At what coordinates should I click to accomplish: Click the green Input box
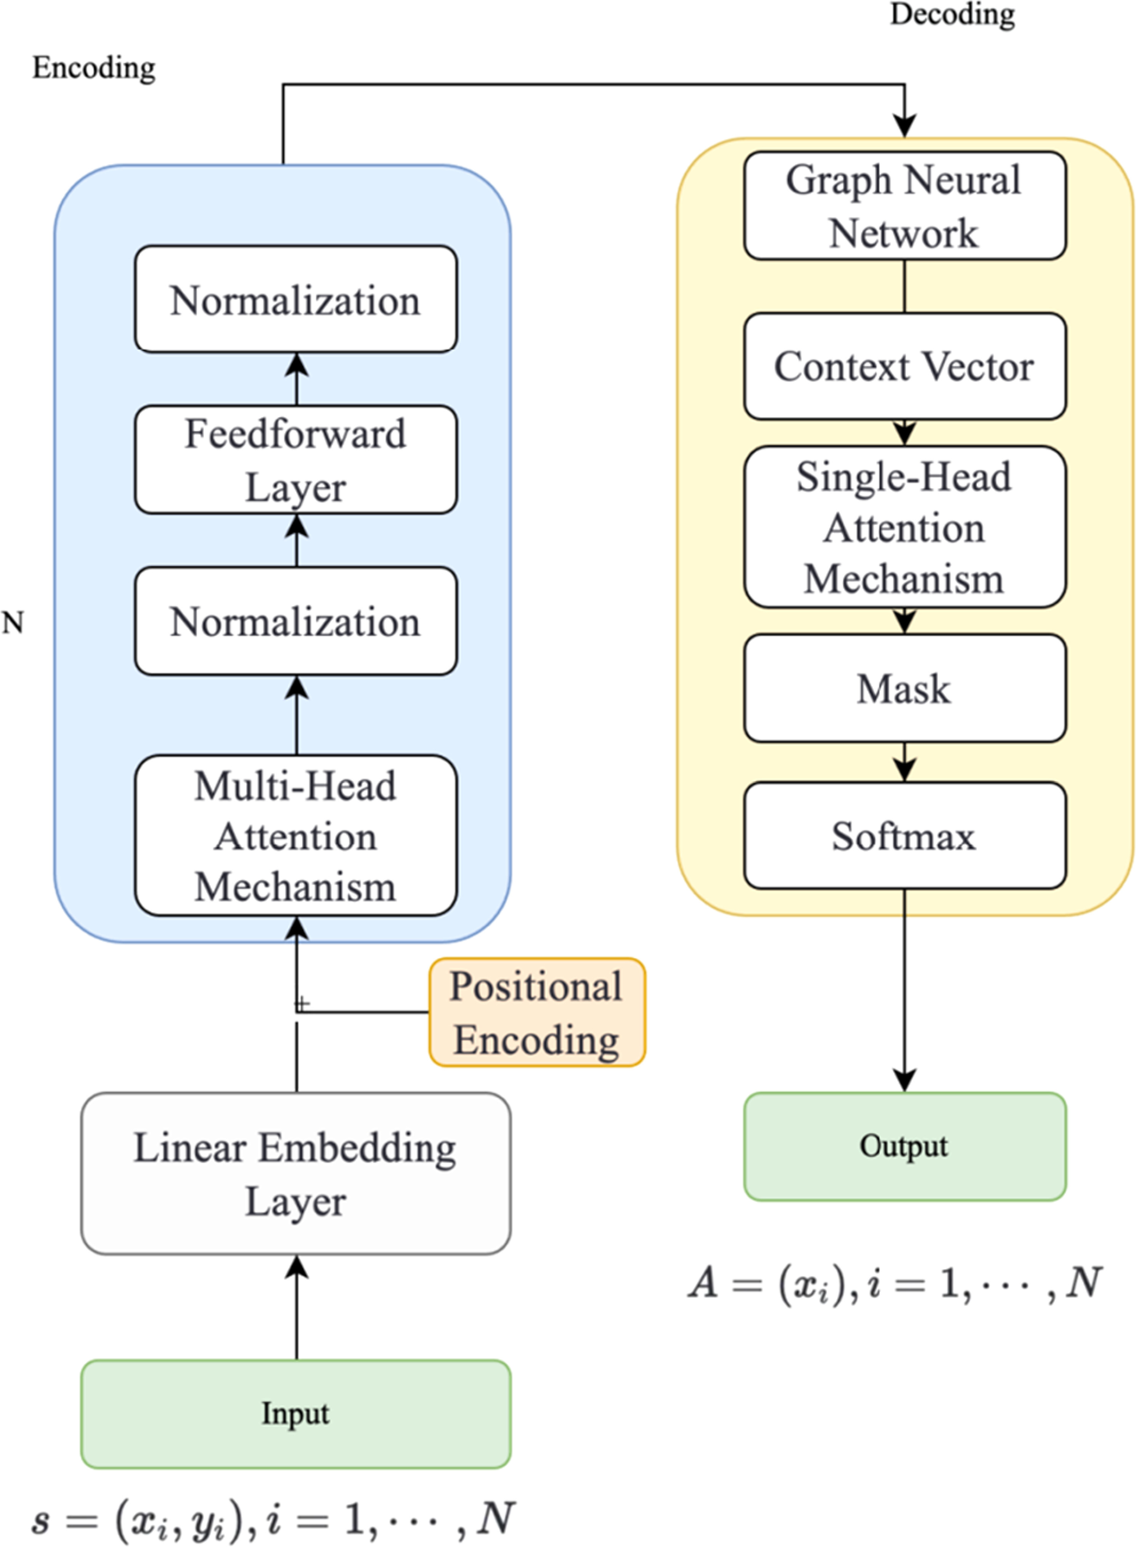pyautogui.click(x=296, y=1414)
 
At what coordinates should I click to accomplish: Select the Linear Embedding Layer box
pyautogui.click(x=296, y=1174)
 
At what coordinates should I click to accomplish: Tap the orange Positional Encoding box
pyautogui.click(x=537, y=1012)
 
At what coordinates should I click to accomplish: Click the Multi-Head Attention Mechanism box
pyautogui.click(x=296, y=835)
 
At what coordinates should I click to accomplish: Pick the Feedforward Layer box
pyautogui.click(x=296, y=459)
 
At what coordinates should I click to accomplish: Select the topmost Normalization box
pyautogui.click(x=296, y=300)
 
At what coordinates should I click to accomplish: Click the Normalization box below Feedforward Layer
pyautogui.click(x=296, y=621)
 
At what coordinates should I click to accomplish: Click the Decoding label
pyautogui.click(x=953, y=14)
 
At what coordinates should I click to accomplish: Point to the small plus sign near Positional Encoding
pyautogui.click(x=302, y=1004)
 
